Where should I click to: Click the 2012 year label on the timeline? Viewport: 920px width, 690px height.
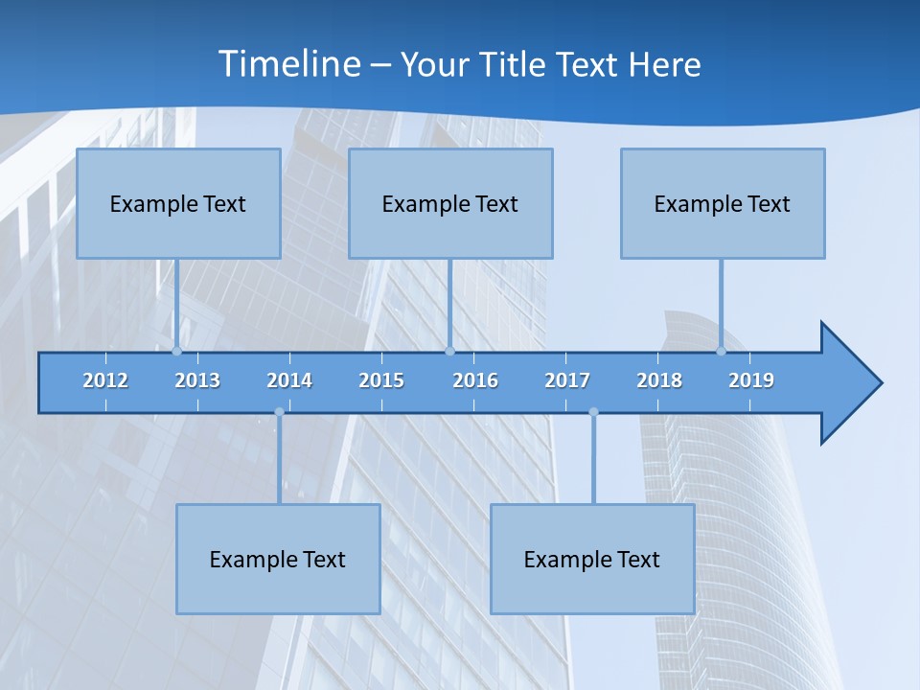click(x=105, y=380)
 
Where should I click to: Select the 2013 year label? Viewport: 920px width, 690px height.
click(x=197, y=380)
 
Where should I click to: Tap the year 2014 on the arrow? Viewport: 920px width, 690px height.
click(x=289, y=380)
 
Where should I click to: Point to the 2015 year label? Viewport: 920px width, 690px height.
click(x=381, y=380)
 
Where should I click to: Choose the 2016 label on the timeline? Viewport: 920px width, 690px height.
click(x=475, y=380)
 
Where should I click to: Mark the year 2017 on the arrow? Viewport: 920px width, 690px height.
click(x=567, y=380)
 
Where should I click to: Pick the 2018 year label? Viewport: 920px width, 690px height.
click(x=659, y=380)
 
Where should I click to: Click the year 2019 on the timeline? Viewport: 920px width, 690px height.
click(x=751, y=380)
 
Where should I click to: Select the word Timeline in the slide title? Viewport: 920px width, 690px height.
click(x=287, y=64)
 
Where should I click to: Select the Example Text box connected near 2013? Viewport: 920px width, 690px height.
click(x=178, y=203)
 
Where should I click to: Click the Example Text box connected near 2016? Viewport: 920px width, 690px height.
click(x=450, y=203)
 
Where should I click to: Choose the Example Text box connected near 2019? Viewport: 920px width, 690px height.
click(x=723, y=203)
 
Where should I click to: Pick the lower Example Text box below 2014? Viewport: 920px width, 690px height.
click(x=278, y=559)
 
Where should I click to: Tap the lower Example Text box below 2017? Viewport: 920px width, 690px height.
click(x=592, y=559)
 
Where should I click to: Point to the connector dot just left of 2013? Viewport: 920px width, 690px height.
click(x=176, y=351)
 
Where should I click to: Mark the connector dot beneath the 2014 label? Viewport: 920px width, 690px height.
click(x=279, y=412)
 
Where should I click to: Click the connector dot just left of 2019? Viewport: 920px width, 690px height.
click(x=721, y=351)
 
